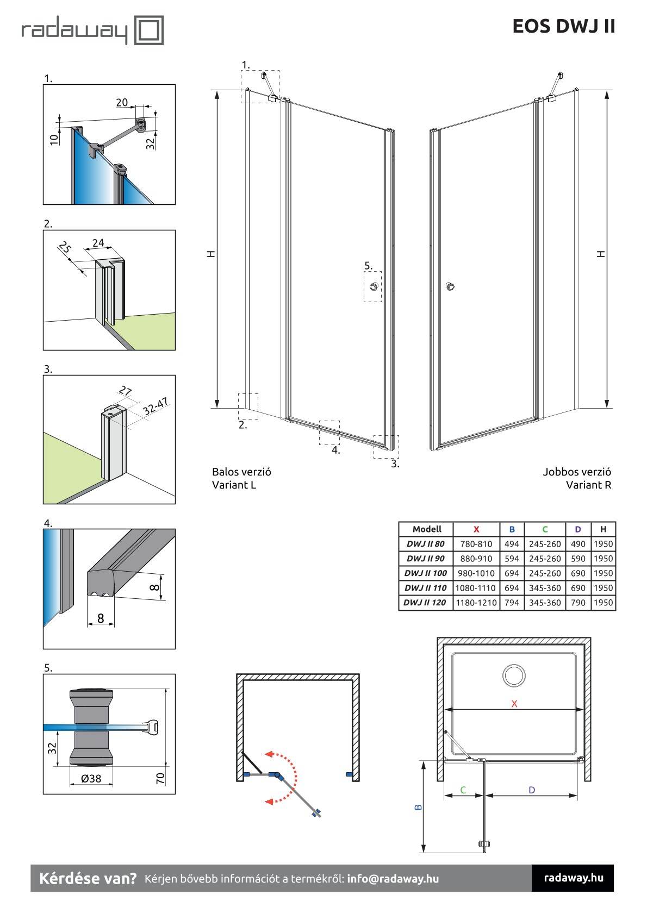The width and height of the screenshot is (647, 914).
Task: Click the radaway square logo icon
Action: coord(148,30)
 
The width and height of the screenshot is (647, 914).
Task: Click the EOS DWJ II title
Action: coord(563,26)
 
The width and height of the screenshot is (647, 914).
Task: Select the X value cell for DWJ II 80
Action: coord(476,544)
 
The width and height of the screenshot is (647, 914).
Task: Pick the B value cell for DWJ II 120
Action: coord(512,603)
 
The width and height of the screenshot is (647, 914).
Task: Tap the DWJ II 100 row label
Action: coord(425,573)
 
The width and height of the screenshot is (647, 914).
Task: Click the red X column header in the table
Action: coord(476,529)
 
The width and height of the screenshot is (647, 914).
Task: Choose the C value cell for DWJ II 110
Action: coord(544,588)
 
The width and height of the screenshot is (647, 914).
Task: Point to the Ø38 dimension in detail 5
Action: coord(91,779)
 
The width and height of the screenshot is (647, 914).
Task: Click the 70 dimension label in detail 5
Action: coord(160,778)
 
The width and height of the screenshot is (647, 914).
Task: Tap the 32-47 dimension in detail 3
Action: coord(155,406)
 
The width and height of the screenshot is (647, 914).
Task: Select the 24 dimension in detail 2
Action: coord(98,243)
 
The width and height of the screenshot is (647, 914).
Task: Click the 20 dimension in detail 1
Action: coord(122,102)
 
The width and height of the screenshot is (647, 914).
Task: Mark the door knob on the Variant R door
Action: coord(450,286)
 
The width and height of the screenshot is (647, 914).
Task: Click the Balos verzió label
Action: coord(241,472)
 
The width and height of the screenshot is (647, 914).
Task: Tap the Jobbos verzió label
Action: coord(576,472)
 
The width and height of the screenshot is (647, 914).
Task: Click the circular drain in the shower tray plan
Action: coord(513,675)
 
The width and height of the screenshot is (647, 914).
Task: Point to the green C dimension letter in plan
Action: coord(463,790)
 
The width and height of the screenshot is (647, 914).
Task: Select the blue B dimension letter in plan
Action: coord(418,807)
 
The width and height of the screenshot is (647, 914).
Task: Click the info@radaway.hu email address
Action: coord(393,879)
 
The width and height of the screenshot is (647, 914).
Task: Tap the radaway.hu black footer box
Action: coord(573,878)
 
